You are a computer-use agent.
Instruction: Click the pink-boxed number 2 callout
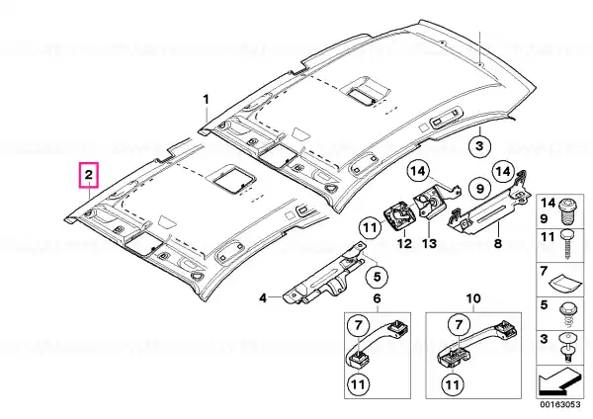pyautogui.click(x=89, y=175)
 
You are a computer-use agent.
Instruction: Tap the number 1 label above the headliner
pyautogui.click(x=207, y=100)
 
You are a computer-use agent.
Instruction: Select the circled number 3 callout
pyautogui.click(x=479, y=145)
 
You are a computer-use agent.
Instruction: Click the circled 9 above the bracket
pyautogui.click(x=480, y=188)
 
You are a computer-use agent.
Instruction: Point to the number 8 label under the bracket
pyautogui.click(x=498, y=243)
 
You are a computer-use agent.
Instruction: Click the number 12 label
pyautogui.click(x=404, y=243)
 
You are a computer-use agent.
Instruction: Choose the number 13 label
pyautogui.click(x=430, y=243)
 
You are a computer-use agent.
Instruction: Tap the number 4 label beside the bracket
pyautogui.click(x=263, y=298)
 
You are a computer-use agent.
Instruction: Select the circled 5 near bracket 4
pyautogui.click(x=378, y=277)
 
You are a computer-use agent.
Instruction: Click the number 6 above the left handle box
pyautogui.click(x=378, y=298)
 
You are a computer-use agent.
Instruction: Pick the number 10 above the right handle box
pyautogui.click(x=473, y=298)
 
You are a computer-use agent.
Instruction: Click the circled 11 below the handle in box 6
pyautogui.click(x=358, y=384)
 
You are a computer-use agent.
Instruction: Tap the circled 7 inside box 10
pyautogui.click(x=459, y=324)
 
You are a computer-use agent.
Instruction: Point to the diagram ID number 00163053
pyautogui.click(x=559, y=404)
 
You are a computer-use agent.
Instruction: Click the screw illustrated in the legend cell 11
pyautogui.click(x=567, y=243)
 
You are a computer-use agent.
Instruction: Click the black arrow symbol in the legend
pyautogui.click(x=559, y=380)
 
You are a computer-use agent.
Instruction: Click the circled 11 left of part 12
pyautogui.click(x=370, y=227)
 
